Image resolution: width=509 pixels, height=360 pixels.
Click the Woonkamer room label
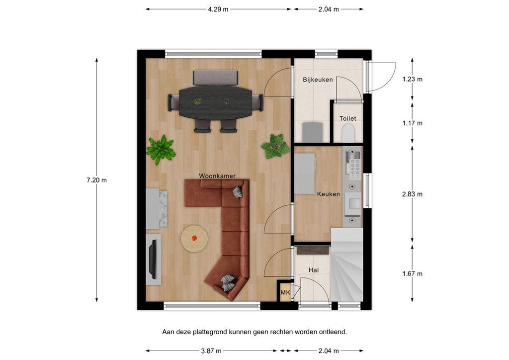click(217, 176)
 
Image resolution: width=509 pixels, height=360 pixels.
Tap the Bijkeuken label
click(318, 80)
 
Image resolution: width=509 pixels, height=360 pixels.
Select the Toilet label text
click(347, 118)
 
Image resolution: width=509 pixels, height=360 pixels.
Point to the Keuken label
click(328, 194)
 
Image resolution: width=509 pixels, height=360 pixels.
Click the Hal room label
click(313, 270)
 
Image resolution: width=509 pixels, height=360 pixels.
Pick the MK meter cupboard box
click(285, 292)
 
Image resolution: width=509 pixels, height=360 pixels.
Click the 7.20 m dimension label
click(96, 180)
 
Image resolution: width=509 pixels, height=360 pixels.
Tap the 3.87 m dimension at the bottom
click(211, 351)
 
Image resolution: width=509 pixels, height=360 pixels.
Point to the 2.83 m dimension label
click(412, 194)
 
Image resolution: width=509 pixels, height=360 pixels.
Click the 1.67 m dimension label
click(412, 273)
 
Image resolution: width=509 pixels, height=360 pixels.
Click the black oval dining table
click(215, 102)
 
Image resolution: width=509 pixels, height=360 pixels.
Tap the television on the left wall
click(154, 259)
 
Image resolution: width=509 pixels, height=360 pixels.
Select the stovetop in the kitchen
click(354, 166)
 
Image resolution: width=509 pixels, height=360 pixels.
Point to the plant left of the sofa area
click(161, 149)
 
